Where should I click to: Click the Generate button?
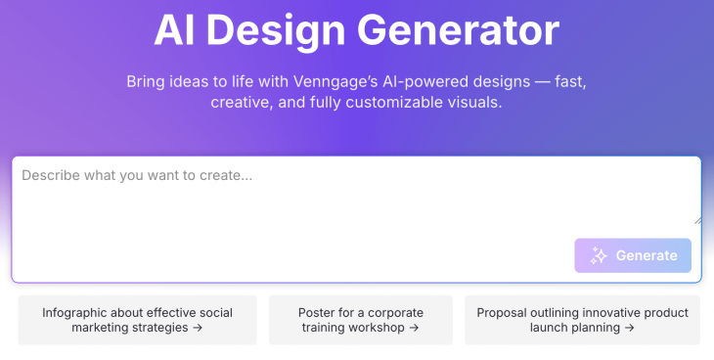(x=633, y=255)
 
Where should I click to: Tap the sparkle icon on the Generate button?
(x=600, y=255)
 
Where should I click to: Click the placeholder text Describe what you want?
(x=138, y=176)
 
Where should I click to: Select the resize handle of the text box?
(x=696, y=219)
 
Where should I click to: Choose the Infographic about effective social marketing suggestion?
(x=137, y=320)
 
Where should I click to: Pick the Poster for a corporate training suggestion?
(x=361, y=320)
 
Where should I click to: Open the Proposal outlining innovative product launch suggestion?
(x=582, y=320)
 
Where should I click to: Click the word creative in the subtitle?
(x=242, y=102)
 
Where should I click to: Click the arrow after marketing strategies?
(x=198, y=328)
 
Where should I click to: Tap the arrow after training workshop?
(x=414, y=328)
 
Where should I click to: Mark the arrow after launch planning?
(x=629, y=328)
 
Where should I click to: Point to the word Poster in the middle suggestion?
(x=317, y=313)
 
